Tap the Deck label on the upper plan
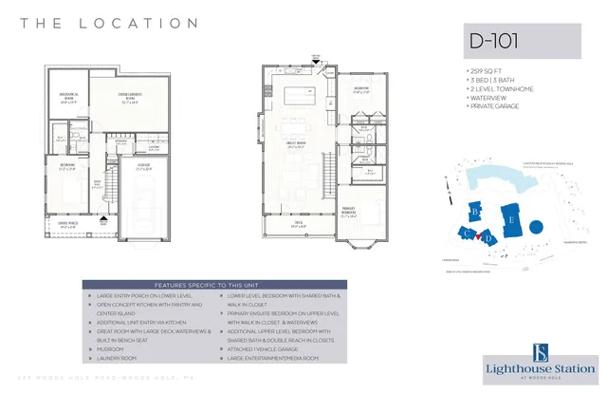[298, 226]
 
